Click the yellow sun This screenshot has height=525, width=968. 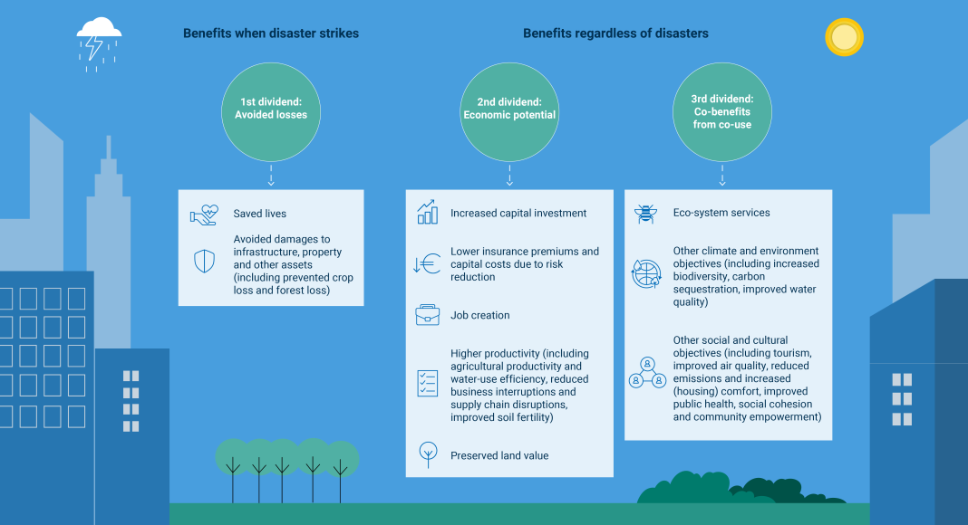click(844, 37)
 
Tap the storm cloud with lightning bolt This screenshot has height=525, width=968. click(99, 43)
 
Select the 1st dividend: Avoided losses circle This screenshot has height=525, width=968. click(271, 111)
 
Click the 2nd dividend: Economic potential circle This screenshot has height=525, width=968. click(509, 111)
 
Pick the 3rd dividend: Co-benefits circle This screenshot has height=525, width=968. click(721, 111)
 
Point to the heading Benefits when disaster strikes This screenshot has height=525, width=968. click(271, 33)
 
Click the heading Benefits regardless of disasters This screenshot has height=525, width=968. click(615, 33)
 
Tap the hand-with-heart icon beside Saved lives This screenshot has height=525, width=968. click(204, 215)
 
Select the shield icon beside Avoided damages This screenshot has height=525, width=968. click(204, 262)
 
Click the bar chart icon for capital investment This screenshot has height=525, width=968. click(427, 212)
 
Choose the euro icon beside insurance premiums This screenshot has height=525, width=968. click(427, 263)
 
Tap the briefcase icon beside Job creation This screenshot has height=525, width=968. click(427, 315)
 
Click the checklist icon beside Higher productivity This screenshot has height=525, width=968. click(427, 383)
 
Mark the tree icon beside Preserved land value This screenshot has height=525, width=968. click(428, 454)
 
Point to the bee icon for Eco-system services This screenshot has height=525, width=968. click(645, 214)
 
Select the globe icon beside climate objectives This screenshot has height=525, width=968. click(646, 273)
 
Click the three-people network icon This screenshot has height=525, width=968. click(647, 372)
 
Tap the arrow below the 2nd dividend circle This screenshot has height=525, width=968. click(509, 175)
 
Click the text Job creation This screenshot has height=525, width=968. click(480, 315)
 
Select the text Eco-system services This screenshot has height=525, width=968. click(721, 213)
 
